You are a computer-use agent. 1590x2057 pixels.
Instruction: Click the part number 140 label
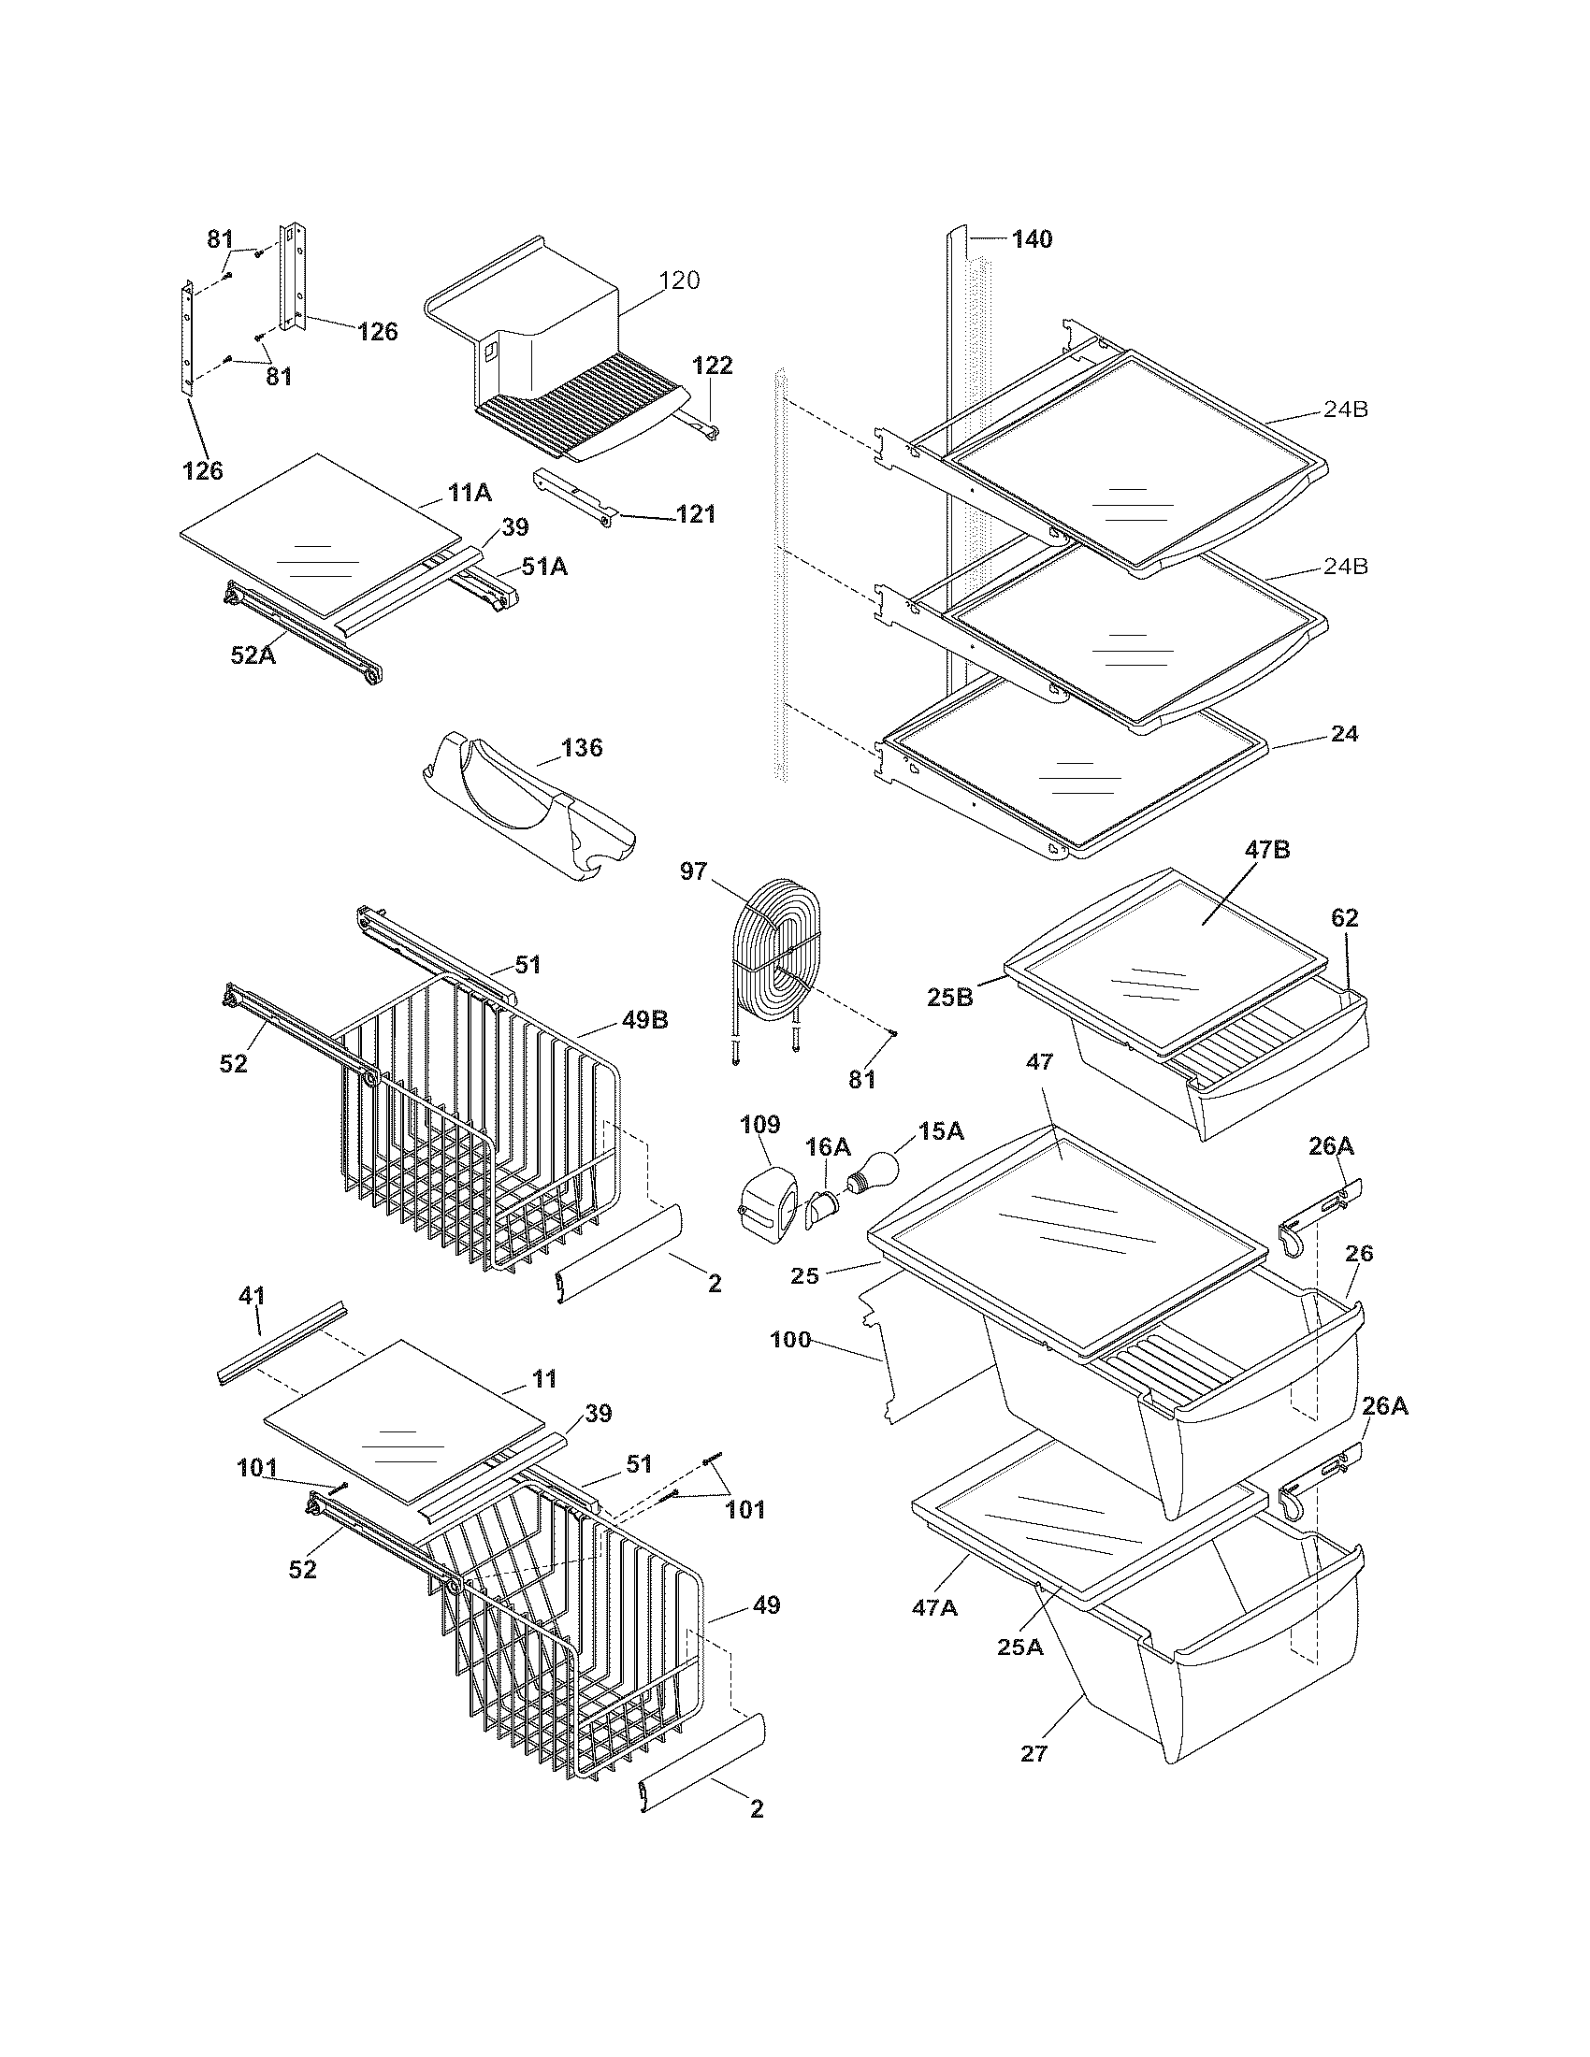(x=1033, y=239)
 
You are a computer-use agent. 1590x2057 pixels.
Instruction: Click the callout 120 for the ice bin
(x=680, y=280)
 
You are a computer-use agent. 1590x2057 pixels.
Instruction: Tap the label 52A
(x=253, y=654)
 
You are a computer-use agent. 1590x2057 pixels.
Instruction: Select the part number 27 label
(x=1034, y=1754)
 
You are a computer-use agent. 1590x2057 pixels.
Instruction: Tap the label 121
(x=696, y=514)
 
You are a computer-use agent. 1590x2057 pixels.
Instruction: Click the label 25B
(x=951, y=997)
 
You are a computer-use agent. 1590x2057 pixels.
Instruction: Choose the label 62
(x=1344, y=917)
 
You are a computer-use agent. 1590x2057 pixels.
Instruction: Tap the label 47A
(x=934, y=1606)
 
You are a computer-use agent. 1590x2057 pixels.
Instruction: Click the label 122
(x=713, y=366)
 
